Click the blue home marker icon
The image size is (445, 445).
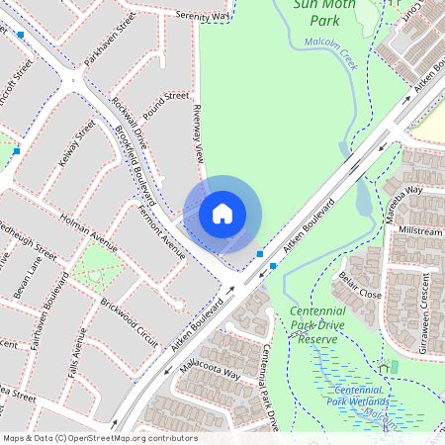point(222,213)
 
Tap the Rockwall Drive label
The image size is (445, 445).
point(128,119)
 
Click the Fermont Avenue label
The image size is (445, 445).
point(163,232)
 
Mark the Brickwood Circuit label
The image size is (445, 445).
point(129,315)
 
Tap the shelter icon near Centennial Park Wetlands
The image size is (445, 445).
point(383,368)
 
